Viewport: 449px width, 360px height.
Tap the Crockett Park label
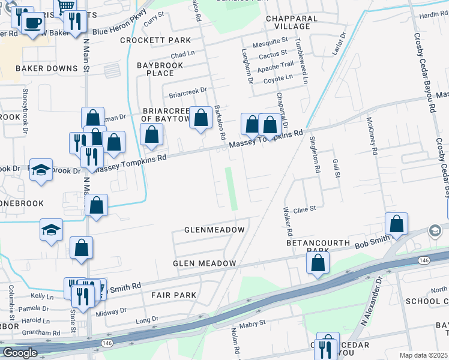click(x=155, y=40)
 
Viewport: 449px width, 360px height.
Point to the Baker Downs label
click(x=47, y=68)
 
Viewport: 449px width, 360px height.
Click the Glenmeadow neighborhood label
click(x=214, y=230)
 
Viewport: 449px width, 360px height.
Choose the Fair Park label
click(x=174, y=295)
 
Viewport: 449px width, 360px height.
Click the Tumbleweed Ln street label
click(x=304, y=61)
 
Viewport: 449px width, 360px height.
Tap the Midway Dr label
click(x=112, y=311)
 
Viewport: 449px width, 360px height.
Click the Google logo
click(x=19, y=353)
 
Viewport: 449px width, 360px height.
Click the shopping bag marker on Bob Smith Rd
click(x=396, y=224)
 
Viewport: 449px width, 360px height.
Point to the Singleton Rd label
click(x=313, y=154)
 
